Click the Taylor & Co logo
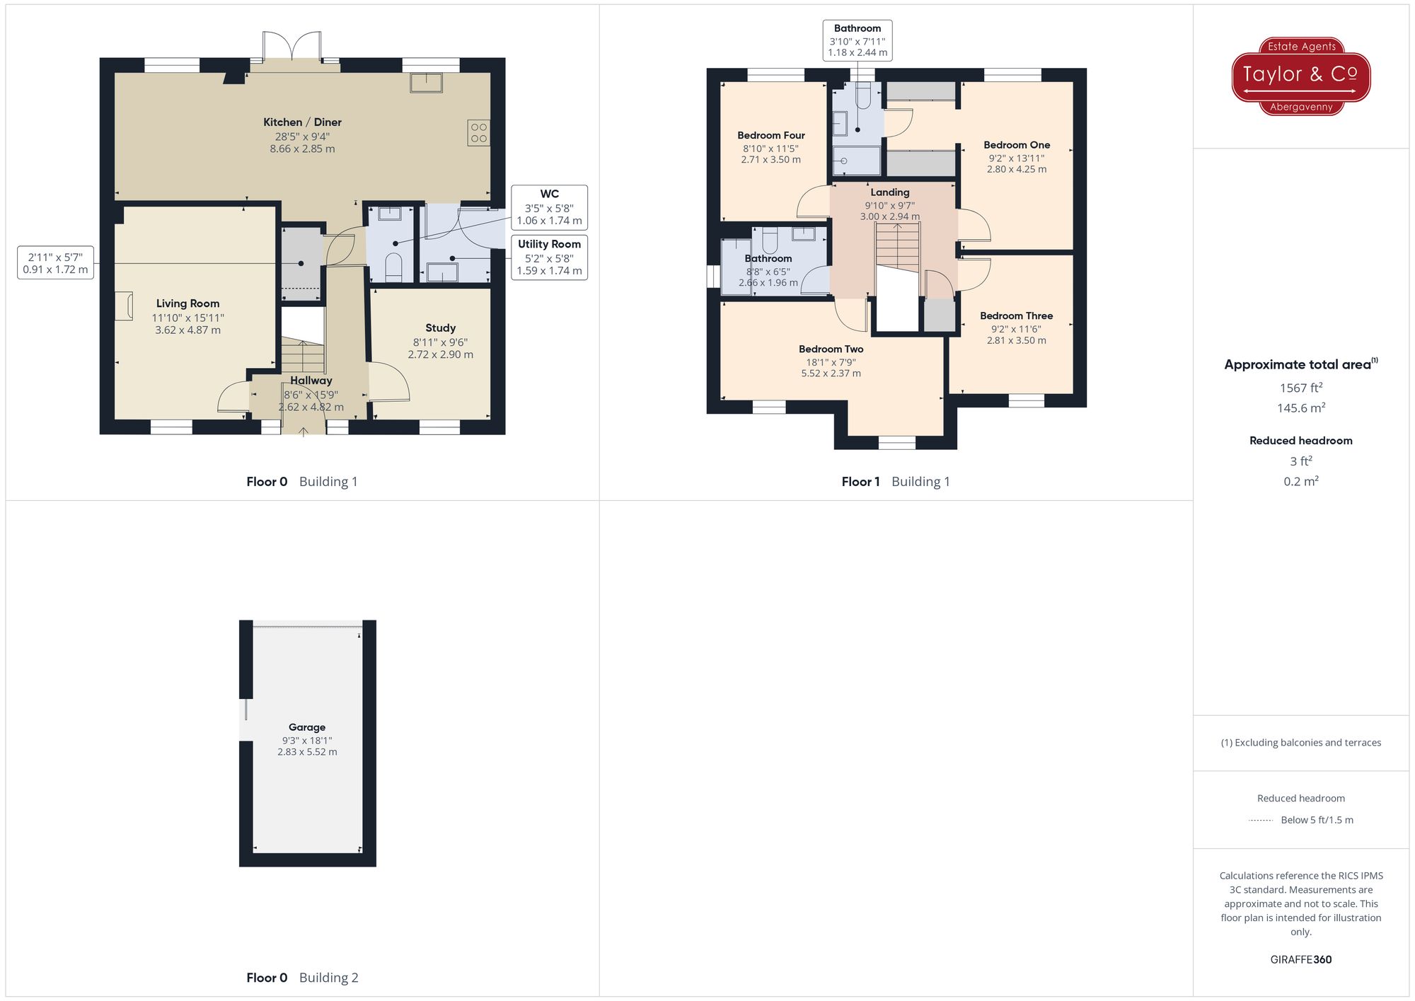click(1300, 76)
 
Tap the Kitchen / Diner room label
click(302, 122)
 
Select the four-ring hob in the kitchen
click(478, 133)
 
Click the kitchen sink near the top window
click(426, 83)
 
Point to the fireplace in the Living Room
click(125, 306)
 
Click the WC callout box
click(549, 207)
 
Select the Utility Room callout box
click(549, 258)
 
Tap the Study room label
click(440, 328)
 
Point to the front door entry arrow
click(304, 431)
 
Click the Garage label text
click(307, 727)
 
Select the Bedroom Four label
click(770, 136)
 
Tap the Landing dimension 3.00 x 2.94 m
click(889, 216)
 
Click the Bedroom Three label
click(1016, 316)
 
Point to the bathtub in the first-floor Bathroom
click(736, 267)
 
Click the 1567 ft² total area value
click(1300, 388)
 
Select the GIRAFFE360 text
click(1300, 960)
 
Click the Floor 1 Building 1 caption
click(895, 482)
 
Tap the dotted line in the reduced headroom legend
click(1261, 821)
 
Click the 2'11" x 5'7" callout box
click(55, 263)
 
